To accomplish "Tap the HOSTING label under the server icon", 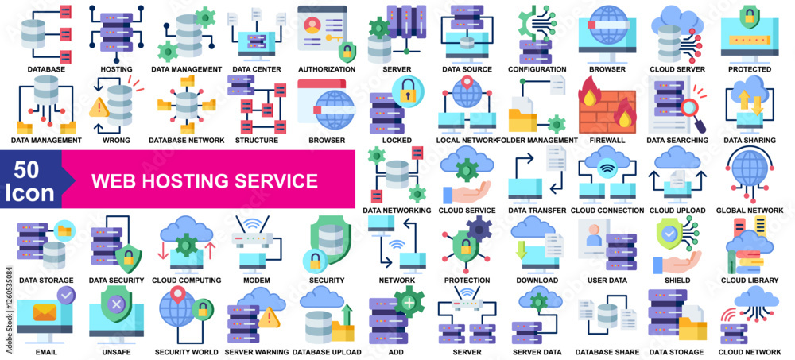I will click(116, 69).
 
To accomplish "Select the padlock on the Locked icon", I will click(406, 89).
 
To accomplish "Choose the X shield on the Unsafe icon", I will click(116, 304).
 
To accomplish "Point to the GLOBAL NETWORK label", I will click(749, 211).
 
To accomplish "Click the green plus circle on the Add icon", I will click(408, 303).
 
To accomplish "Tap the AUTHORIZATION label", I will click(326, 69).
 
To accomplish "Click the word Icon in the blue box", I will click(29, 193).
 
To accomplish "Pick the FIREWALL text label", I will click(608, 140).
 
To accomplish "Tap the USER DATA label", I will click(607, 281).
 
